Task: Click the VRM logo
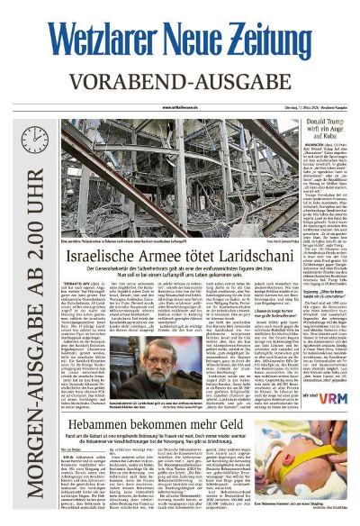click(335, 394)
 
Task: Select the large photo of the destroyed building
click(180, 176)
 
